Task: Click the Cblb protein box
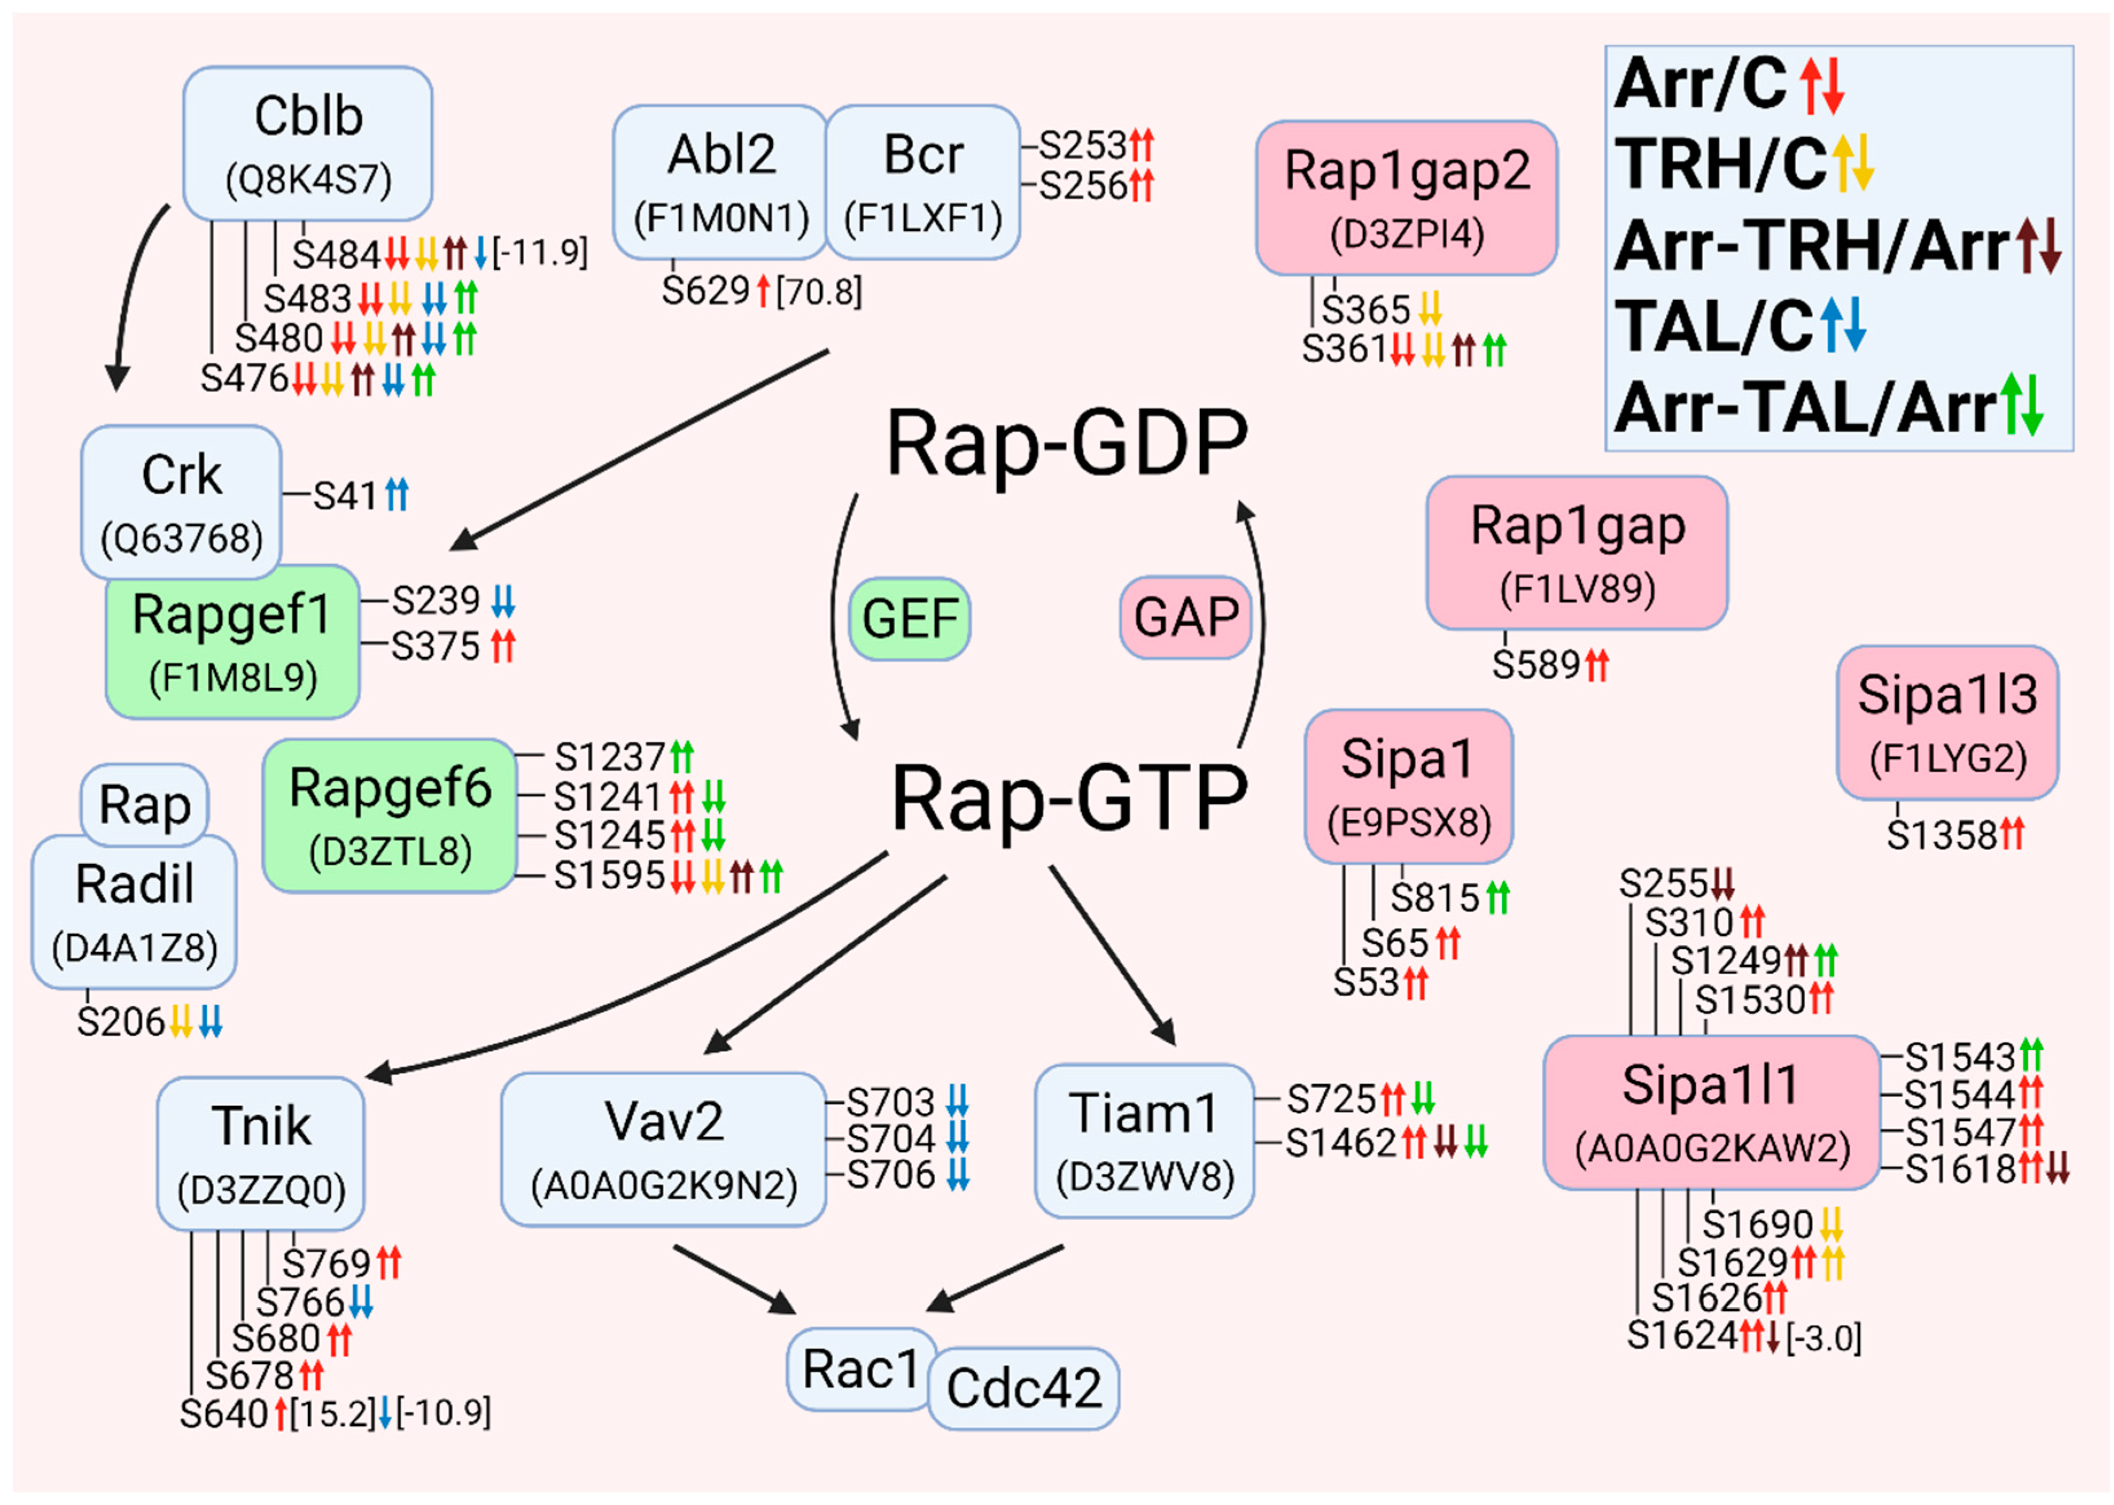(x=308, y=143)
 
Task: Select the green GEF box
(x=909, y=618)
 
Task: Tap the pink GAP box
(x=1185, y=617)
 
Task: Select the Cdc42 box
(x=1023, y=1387)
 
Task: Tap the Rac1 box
(x=860, y=1369)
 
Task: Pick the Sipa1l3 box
(x=1947, y=722)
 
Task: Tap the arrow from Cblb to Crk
(x=130, y=297)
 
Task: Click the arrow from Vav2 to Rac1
(x=732, y=1278)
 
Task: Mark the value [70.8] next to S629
(x=819, y=293)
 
